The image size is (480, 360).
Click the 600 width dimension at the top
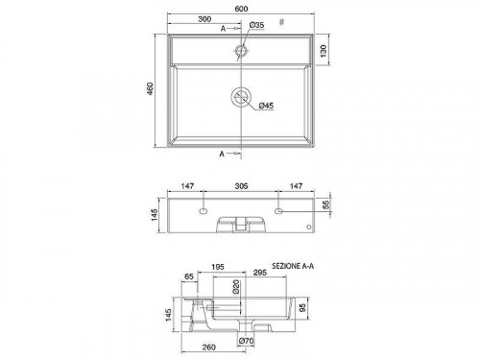click(x=241, y=9)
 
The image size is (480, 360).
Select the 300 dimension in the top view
click(x=204, y=19)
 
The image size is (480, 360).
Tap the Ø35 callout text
click(x=256, y=25)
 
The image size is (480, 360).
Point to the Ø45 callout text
click(x=266, y=106)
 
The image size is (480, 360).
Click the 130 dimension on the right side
click(x=323, y=51)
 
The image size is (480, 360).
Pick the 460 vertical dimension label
click(x=150, y=88)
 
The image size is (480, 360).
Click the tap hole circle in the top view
click(x=241, y=51)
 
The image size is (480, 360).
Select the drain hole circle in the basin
click(x=241, y=97)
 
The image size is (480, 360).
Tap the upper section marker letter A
click(x=223, y=29)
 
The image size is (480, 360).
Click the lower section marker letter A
click(x=222, y=154)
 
